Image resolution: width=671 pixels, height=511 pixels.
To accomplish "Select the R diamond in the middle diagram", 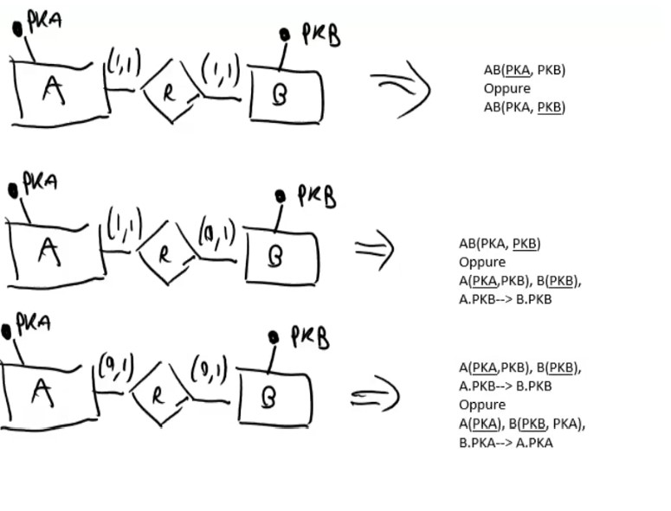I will point(167,252).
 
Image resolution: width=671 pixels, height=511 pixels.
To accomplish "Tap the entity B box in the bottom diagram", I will point(273,397).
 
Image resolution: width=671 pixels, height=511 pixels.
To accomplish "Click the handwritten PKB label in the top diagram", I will point(320,35).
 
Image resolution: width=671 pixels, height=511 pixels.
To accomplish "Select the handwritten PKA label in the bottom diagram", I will point(33,323).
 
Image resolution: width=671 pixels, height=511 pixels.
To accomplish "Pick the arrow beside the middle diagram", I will point(374,249).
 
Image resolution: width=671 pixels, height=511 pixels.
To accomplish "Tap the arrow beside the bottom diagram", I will point(374,395).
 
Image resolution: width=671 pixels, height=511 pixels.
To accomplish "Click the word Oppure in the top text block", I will point(507,88).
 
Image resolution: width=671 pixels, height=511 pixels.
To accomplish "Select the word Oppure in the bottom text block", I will point(482,405).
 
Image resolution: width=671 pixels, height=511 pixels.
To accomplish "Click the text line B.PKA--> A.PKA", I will point(506,443).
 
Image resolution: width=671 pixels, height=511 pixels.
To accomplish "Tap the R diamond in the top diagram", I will point(170,91).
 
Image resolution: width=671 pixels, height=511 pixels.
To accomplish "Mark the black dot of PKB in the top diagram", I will point(284,35).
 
